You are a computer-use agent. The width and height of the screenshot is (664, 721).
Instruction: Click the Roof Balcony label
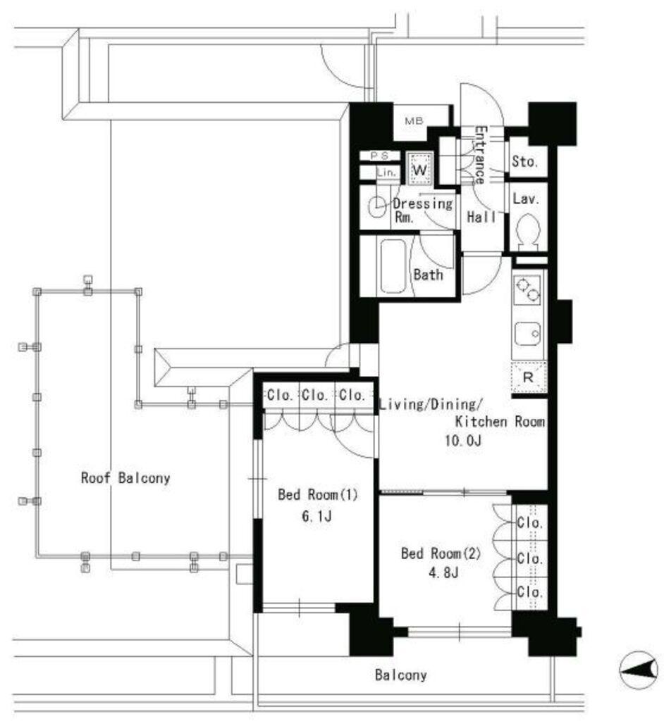click(125, 478)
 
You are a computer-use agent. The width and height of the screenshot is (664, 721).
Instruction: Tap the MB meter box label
click(414, 121)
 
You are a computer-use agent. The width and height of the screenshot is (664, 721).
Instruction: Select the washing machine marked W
click(419, 168)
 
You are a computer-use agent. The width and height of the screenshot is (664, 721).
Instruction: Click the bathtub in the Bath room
click(393, 265)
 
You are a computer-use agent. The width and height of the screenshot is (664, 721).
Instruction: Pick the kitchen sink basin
click(528, 334)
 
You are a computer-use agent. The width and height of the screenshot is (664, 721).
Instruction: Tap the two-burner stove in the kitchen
click(528, 289)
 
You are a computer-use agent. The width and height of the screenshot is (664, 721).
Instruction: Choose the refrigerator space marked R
click(529, 377)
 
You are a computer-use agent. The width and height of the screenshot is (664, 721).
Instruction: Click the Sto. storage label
click(525, 161)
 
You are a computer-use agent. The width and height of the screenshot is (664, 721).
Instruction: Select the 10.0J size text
click(463, 441)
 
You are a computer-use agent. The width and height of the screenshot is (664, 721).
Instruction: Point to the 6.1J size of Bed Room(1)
click(316, 516)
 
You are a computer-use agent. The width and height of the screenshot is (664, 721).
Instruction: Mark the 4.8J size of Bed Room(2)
click(443, 572)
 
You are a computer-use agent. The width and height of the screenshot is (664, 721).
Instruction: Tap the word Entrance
click(480, 154)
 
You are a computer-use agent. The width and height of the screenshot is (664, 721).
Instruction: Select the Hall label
click(481, 217)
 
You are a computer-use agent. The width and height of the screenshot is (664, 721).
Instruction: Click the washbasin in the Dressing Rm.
click(377, 206)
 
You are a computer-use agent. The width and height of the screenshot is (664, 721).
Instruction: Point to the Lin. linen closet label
click(386, 173)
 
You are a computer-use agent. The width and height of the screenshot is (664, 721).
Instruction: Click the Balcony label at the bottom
click(400, 675)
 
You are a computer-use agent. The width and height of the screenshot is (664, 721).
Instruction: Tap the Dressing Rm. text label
click(422, 210)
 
